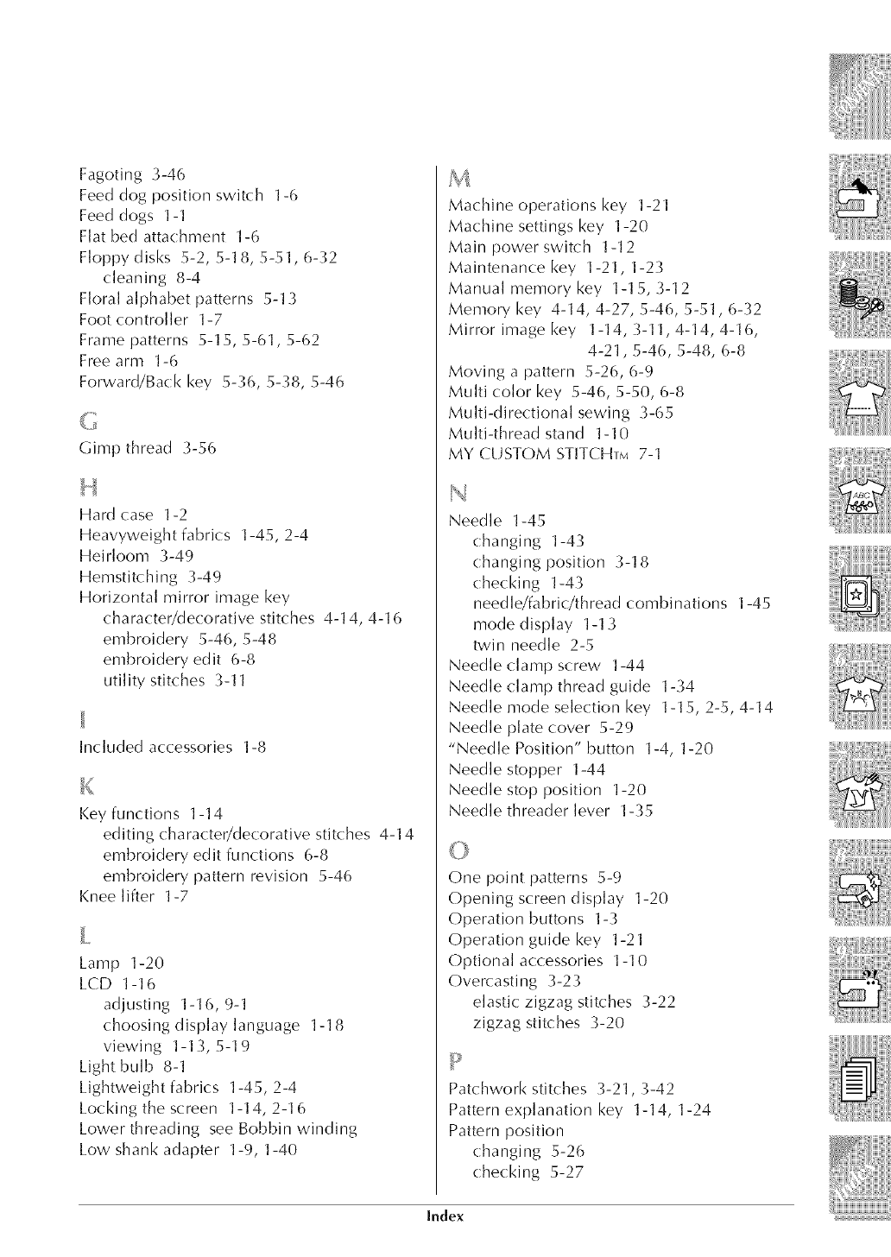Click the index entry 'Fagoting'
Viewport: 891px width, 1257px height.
tap(107, 174)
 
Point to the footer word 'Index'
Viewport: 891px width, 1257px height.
tap(445, 1216)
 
